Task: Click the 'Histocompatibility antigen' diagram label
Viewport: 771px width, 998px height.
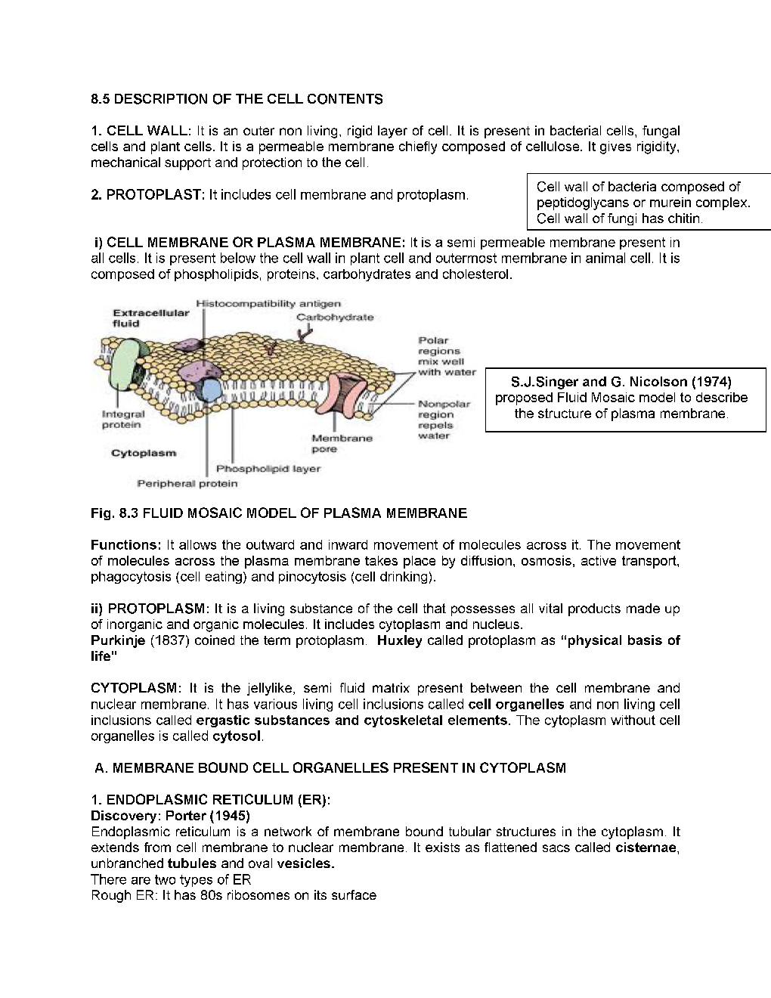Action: tap(268, 303)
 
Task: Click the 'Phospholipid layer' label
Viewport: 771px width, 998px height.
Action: tap(268, 469)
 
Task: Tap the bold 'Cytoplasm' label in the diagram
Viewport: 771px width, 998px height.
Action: tap(144, 453)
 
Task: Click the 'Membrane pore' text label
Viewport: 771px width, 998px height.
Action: tap(342, 444)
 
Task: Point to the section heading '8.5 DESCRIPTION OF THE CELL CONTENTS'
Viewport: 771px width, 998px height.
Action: tap(237, 99)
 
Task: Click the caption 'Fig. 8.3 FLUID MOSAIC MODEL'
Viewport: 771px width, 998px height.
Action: tap(278, 513)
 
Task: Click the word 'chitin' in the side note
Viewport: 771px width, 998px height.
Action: tap(685, 219)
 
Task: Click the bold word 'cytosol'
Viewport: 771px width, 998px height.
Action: tap(237, 736)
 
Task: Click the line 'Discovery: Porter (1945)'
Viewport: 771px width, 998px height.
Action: tap(170, 816)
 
